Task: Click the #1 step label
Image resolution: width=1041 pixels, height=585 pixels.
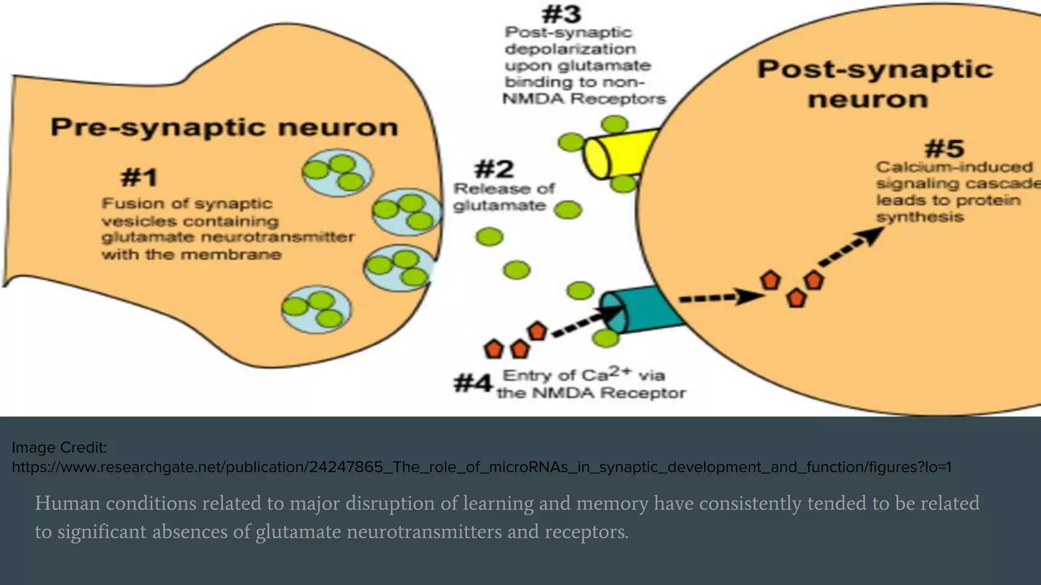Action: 139,178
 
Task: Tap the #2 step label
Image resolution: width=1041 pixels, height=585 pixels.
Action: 494,169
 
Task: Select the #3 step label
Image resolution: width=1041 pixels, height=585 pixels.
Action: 561,14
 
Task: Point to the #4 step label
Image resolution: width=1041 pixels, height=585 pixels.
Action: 473,383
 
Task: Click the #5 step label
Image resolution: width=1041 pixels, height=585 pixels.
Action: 944,149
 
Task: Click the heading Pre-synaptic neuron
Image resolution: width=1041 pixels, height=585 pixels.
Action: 224,127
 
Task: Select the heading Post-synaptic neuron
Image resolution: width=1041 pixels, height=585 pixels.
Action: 874,84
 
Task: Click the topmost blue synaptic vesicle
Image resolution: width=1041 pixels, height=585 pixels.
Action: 337,172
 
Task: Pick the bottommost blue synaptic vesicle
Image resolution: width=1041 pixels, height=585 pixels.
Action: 317,309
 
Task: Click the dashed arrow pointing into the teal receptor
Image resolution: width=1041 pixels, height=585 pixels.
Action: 587,322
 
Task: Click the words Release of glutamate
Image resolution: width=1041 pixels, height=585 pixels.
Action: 503,197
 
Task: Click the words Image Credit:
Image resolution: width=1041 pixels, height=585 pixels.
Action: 59,447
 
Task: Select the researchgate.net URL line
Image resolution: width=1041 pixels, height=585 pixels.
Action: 481,467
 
